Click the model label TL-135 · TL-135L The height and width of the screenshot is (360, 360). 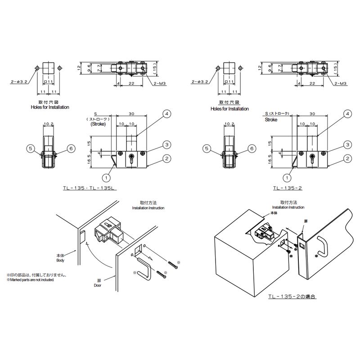[x=90, y=188]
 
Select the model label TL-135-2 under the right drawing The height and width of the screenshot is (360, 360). [x=288, y=188]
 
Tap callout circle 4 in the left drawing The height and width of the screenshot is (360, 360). [x=167, y=114]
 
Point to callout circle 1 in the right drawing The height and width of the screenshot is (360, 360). [x=287, y=178]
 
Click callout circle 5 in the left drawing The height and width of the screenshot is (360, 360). [x=31, y=148]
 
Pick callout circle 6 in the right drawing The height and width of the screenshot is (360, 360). [x=252, y=148]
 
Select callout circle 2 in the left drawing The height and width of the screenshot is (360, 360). [x=167, y=158]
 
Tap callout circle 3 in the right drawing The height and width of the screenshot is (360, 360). [x=347, y=144]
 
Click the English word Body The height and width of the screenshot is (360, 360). [x=60, y=261]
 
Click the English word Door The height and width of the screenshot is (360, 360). [x=98, y=285]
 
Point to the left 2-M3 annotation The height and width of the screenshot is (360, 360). [x=160, y=84]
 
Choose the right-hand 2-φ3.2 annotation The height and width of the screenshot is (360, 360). [x=200, y=82]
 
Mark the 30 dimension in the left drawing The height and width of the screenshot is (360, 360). [x=131, y=114]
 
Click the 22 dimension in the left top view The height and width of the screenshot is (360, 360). [x=131, y=84]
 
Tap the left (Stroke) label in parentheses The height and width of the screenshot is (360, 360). [x=98, y=124]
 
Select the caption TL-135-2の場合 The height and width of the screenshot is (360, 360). [x=292, y=297]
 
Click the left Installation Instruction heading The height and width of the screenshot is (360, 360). [x=148, y=208]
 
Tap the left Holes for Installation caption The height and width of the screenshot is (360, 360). [x=50, y=107]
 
